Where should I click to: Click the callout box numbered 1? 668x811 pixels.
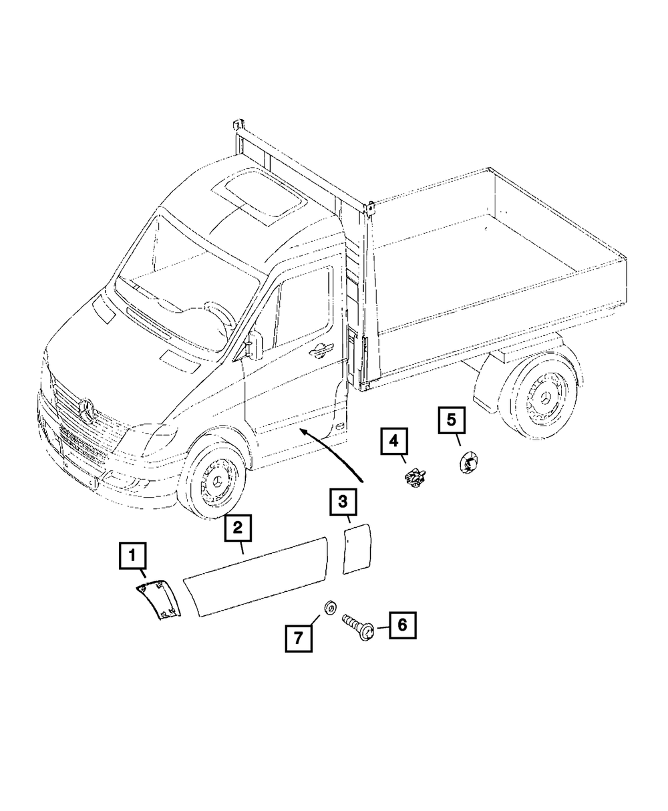tap(132, 555)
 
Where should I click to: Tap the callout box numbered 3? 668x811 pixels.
tap(342, 502)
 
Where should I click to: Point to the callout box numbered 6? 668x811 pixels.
tap(402, 625)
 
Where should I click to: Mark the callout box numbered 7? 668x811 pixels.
tap(297, 637)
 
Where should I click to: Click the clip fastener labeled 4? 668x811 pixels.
tap(413, 477)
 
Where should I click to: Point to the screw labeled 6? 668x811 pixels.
tap(359, 627)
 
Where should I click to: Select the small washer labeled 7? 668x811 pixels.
tap(329, 607)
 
